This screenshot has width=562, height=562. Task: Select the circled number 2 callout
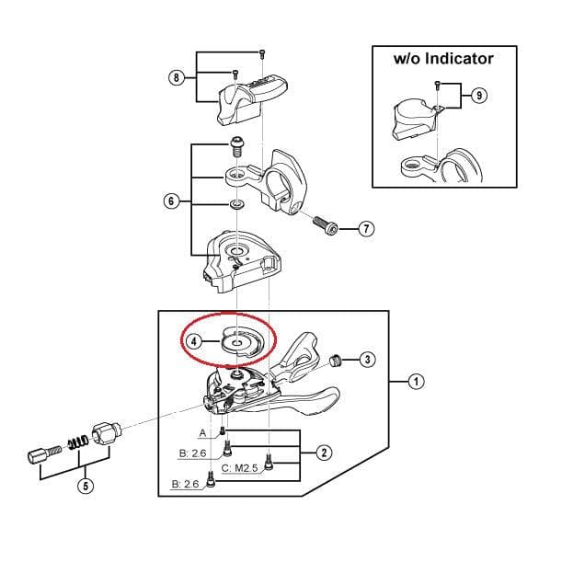[324, 452]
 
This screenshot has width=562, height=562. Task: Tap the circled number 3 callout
[367, 359]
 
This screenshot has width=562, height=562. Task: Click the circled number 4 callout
[195, 339]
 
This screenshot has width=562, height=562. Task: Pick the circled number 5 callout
[86, 486]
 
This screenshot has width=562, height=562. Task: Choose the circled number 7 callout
[365, 228]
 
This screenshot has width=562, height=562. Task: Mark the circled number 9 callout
[476, 95]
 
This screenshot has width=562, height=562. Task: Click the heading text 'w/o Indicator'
[442, 59]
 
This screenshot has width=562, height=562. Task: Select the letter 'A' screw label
[202, 431]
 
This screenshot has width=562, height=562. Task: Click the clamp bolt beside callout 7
[323, 224]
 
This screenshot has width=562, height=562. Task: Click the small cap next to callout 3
[336, 358]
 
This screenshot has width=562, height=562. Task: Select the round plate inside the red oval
[236, 343]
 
